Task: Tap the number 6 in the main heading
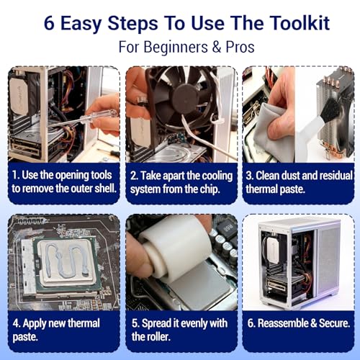49,24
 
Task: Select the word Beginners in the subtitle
176,47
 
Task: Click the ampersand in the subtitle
217,47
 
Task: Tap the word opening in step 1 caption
70,176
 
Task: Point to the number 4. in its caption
17,323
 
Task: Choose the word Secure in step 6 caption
334,323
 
